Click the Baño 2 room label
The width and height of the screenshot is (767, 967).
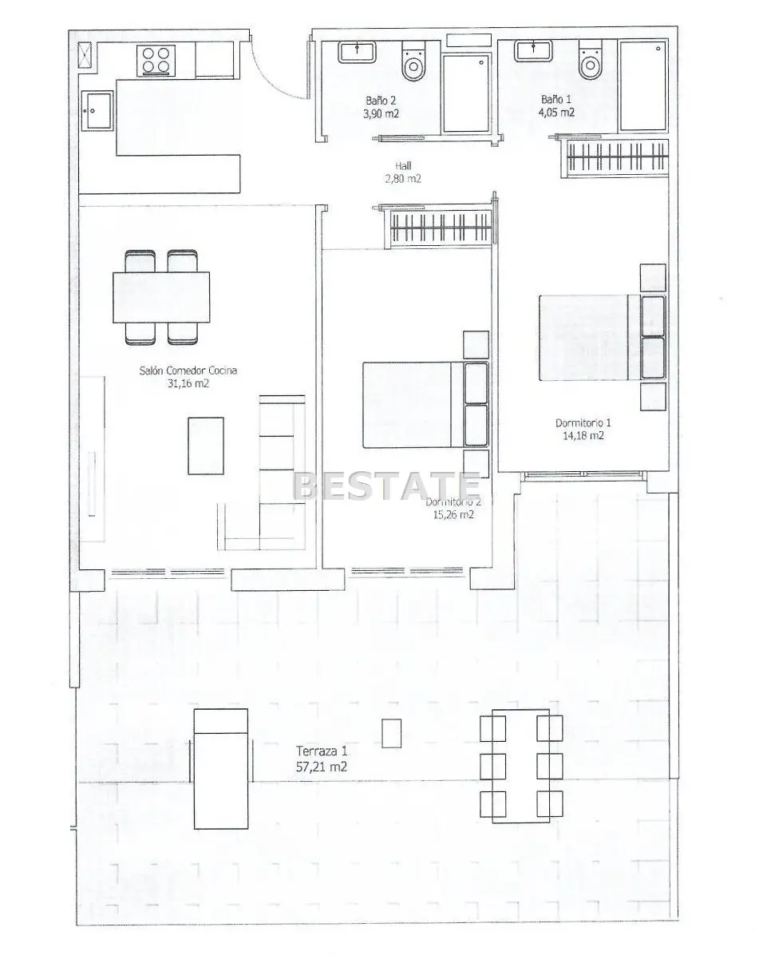[x=381, y=100]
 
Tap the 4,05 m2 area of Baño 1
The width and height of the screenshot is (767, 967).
[x=556, y=113]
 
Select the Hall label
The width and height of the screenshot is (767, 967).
[x=403, y=166]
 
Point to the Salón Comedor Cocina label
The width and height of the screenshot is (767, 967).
[x=188, y=371]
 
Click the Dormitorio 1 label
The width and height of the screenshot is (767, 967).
[x=583, y=423]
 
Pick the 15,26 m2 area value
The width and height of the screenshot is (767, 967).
[x=453, y=515]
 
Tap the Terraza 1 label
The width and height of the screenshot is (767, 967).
[x=322, y=751]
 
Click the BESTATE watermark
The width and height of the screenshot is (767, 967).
[x=386, y=486]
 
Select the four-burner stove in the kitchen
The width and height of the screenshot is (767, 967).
[x=156, y=60]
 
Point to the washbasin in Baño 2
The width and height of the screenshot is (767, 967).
[x=357, y=52]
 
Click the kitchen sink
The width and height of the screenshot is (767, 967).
[x=97, y=111]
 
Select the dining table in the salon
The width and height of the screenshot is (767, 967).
[x=161, y=297]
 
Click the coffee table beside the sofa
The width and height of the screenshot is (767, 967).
[x=206, y=446]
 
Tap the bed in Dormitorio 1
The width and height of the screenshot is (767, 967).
[x=603, y=338]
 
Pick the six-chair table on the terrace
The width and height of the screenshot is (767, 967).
[x=521, y=766]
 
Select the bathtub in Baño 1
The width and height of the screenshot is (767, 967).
[x=643, y=85]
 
